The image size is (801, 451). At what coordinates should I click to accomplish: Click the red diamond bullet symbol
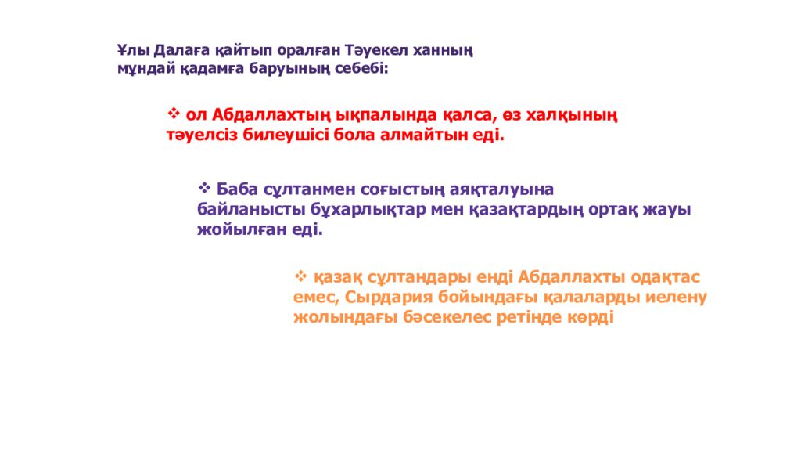tap(174, 114)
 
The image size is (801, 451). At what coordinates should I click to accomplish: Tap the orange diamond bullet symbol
tap(301, 276)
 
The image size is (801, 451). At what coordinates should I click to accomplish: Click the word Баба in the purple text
tap(238, 190)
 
